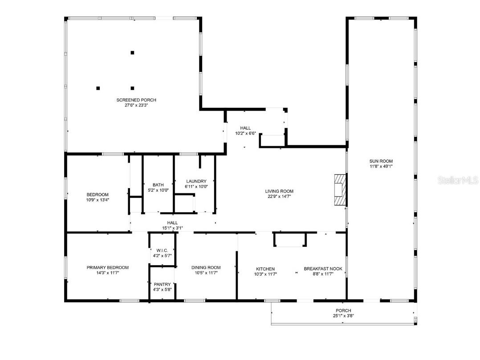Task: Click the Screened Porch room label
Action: click(x=136, y=100)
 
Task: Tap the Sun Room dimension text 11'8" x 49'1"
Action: click(x=381, y=166)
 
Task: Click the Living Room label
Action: click(x=280, y=191)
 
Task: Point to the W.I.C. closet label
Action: click(x=162, y=250)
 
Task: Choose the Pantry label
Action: click(x=162, y=284)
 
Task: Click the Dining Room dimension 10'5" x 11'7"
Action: click(x=206, y=273)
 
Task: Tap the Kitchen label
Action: click(x=265, y=269)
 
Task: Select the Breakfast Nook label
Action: click(x=323, y=269)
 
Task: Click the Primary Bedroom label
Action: click(x=107, y=267)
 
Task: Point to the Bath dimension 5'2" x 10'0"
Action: click(x=158, y=190)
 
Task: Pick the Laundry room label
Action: click(x=196, y=181)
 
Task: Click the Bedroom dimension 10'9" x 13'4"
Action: click(x=98, y=200)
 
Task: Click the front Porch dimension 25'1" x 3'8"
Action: click(x=343, y=316)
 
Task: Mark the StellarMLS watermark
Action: click(x=458, y=180)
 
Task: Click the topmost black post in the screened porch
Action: click(x=132, y=53)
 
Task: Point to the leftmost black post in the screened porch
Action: click(x=98, y=88)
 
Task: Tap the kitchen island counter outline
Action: click(x=290, y=239)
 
